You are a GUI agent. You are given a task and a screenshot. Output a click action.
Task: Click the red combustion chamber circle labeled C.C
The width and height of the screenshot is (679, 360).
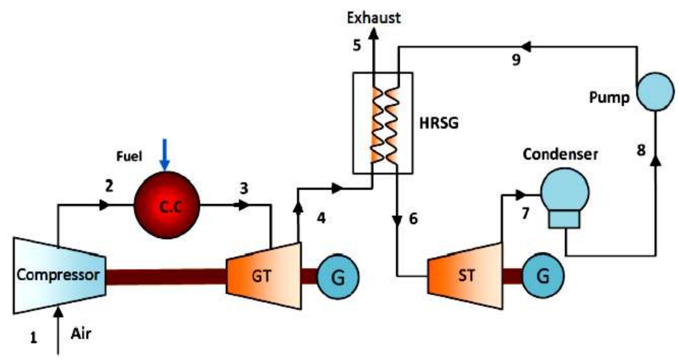coord(167,206)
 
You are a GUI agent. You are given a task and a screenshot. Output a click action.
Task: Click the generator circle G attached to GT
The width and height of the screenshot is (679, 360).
coord(338,277)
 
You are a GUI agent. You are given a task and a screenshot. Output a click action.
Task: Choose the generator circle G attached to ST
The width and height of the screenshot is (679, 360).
coord(543,276)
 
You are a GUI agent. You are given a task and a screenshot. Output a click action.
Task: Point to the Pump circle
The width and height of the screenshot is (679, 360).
coord(655,92)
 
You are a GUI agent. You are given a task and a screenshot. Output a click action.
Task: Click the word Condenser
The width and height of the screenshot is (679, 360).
coord(560,155)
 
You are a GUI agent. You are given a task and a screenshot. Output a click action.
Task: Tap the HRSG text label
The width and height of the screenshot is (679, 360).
coord(439,123)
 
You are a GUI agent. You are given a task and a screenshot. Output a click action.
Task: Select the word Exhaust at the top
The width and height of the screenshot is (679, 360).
coord(374,18)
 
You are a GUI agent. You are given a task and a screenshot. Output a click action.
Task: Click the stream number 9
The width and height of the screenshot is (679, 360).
coord(516,60)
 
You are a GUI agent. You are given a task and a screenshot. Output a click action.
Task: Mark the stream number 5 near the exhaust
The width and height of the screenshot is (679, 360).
coord(357,46)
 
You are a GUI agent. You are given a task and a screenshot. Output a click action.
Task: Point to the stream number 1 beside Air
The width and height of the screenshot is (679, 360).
coord(33,338)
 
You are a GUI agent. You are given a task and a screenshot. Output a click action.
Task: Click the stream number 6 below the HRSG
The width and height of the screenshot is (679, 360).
coord(413,219)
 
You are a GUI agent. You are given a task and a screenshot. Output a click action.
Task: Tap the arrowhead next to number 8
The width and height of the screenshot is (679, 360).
coord(656,161)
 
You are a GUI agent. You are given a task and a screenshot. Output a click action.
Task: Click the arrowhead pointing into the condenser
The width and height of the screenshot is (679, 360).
coord(520,195)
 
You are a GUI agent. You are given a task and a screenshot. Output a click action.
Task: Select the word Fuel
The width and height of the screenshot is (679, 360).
coord(129,156)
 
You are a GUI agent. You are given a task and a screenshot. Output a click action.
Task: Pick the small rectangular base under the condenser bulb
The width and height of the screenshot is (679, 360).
coord(564,219)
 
